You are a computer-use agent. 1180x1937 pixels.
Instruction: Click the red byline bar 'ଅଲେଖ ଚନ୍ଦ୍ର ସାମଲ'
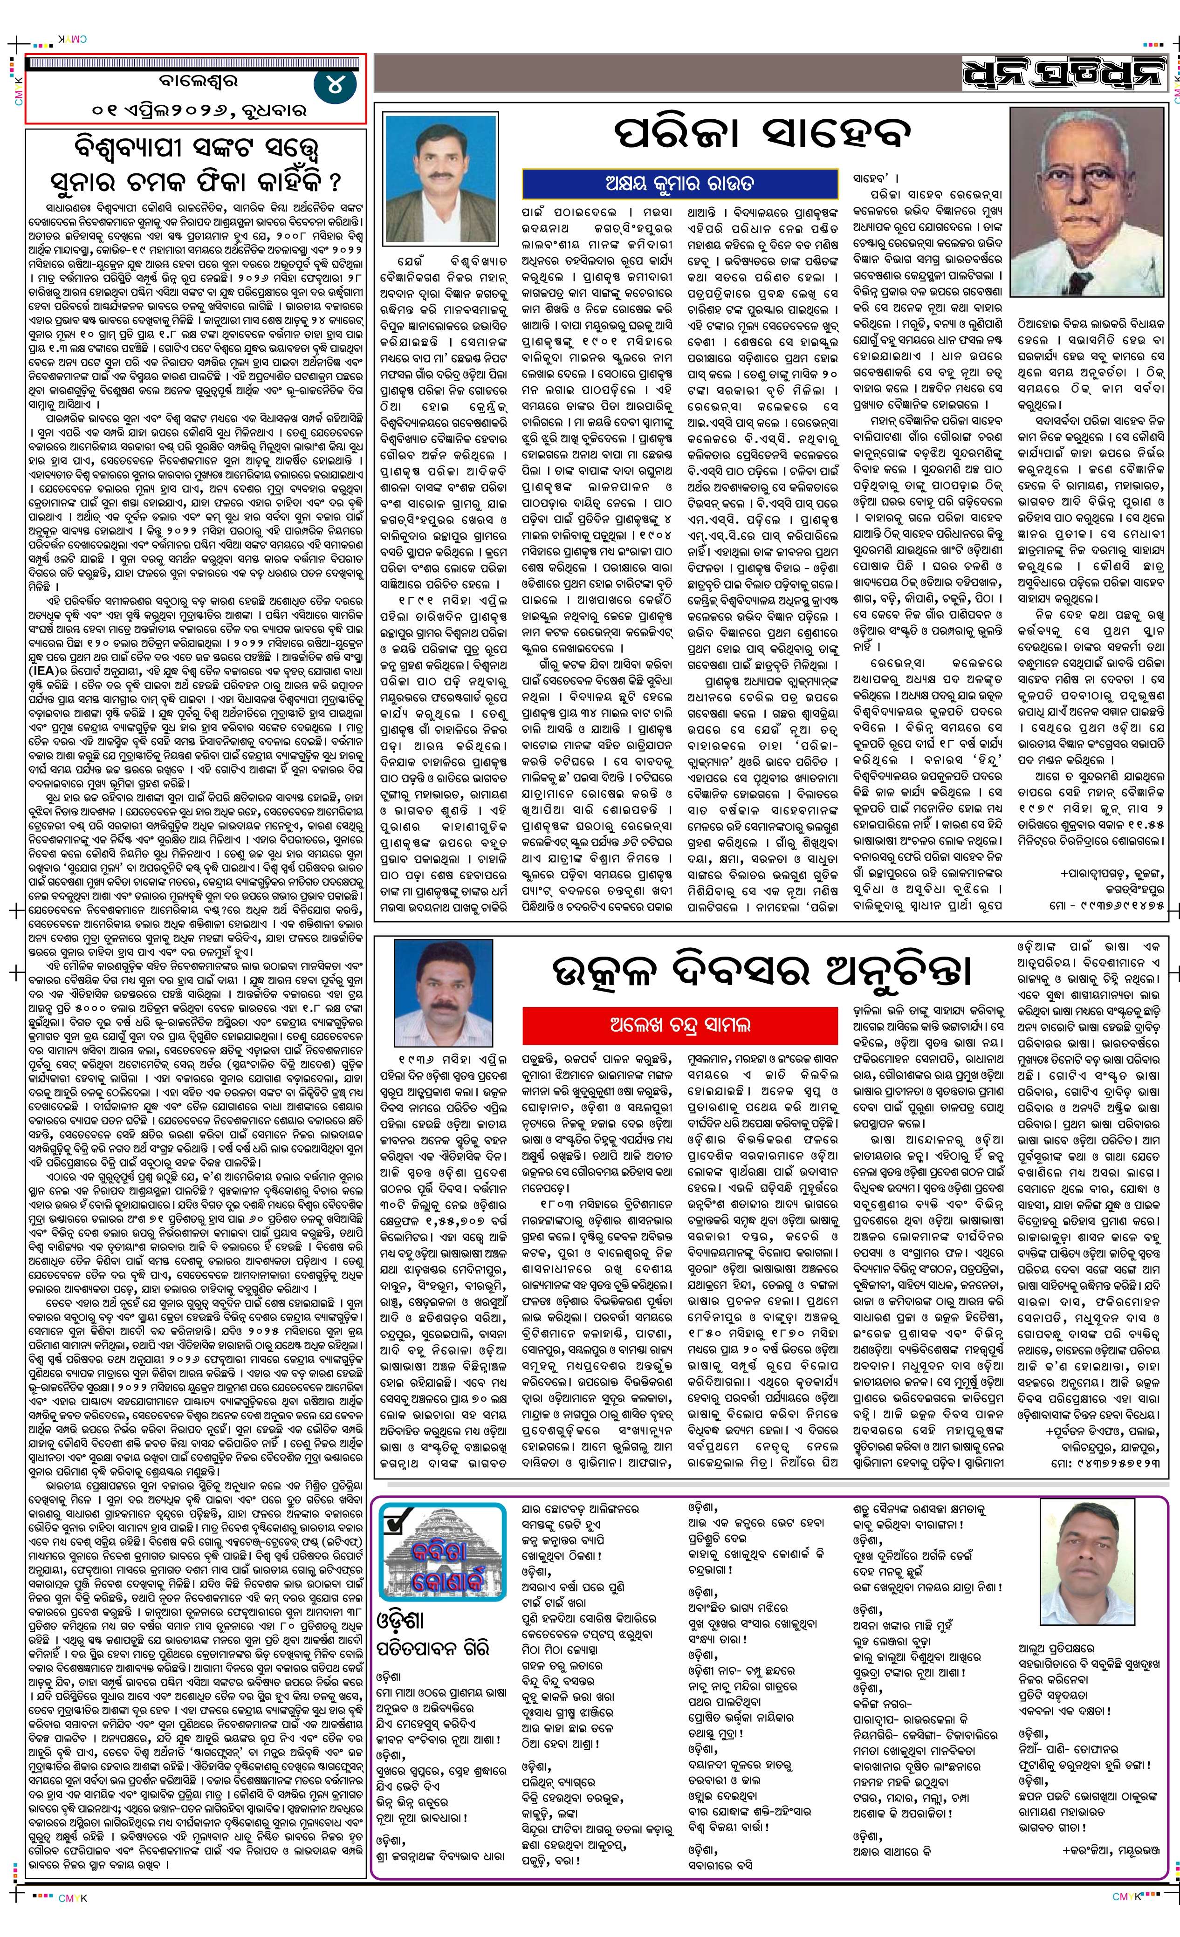click(x=679, y=1024)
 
